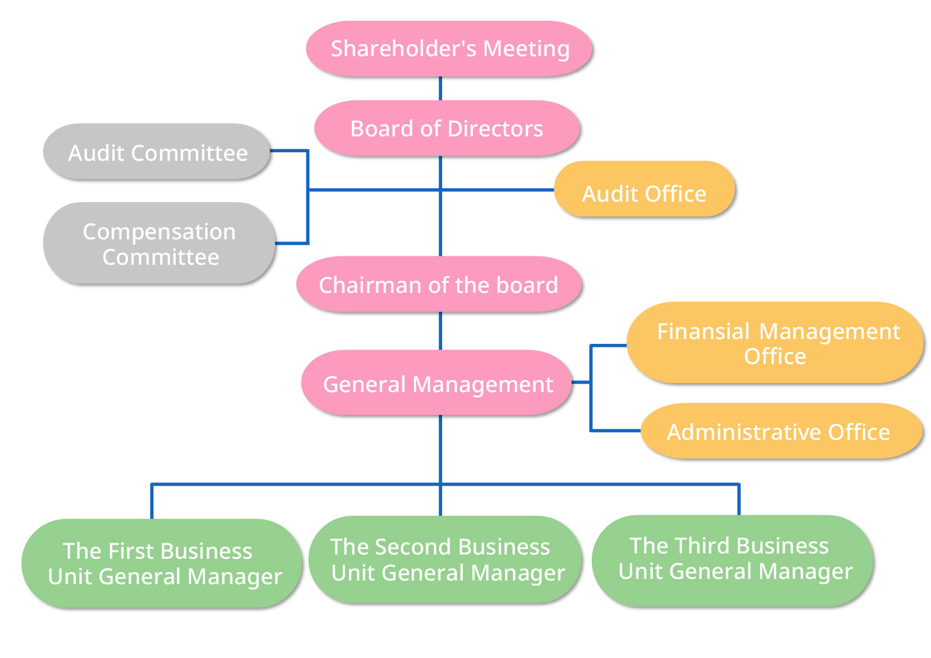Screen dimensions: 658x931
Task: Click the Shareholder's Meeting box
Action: [x=449, y=49]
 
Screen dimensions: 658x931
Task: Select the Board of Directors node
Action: [x=447, y=128]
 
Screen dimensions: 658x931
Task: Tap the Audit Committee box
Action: [x=157, y=152]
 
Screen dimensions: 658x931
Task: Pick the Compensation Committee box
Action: [x=159, y=244]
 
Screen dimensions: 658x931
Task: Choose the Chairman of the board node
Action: [x=438, y=284]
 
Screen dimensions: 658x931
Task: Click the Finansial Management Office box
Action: [x=775, y=343]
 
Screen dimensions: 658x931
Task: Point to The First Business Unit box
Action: [x=161, y=563]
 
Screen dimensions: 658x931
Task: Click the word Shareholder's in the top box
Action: [x=403, y=49]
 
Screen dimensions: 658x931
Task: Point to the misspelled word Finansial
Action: [x=703, y=332]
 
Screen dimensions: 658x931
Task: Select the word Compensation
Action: [x=159, y=232]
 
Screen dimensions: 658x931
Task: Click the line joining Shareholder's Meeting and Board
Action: [x=441, y=89]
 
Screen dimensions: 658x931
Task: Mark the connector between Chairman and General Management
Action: [x=441, y=331]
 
